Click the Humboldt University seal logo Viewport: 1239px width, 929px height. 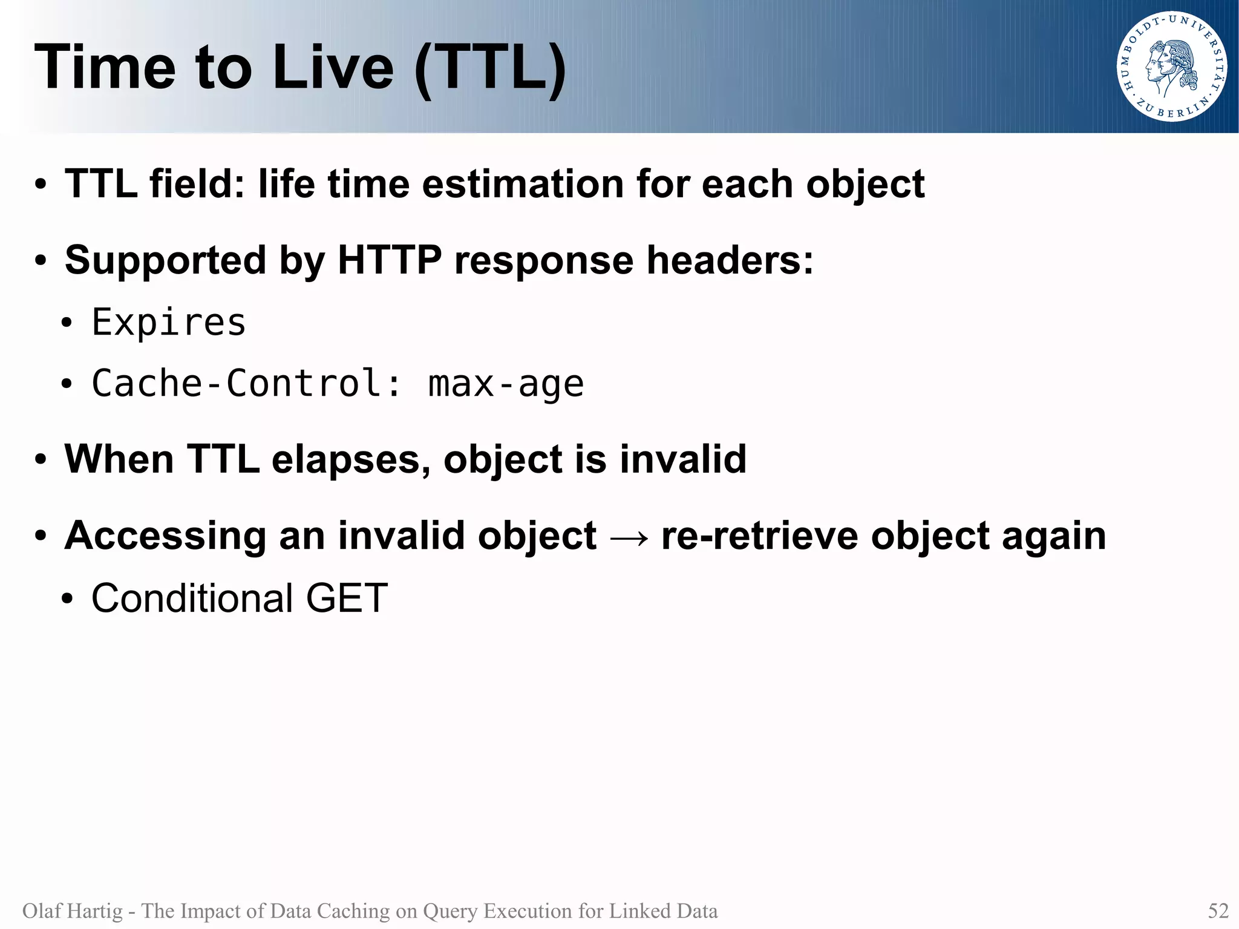1171,67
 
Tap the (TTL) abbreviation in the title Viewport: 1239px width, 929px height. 491,68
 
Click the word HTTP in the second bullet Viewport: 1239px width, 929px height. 390,260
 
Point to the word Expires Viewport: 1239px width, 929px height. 169,322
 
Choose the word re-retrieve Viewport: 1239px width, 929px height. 759,536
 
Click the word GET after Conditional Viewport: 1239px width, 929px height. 346,598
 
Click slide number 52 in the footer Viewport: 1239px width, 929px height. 1218,911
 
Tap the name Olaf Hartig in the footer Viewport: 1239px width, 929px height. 72,911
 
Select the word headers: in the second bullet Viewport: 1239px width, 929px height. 730,260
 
